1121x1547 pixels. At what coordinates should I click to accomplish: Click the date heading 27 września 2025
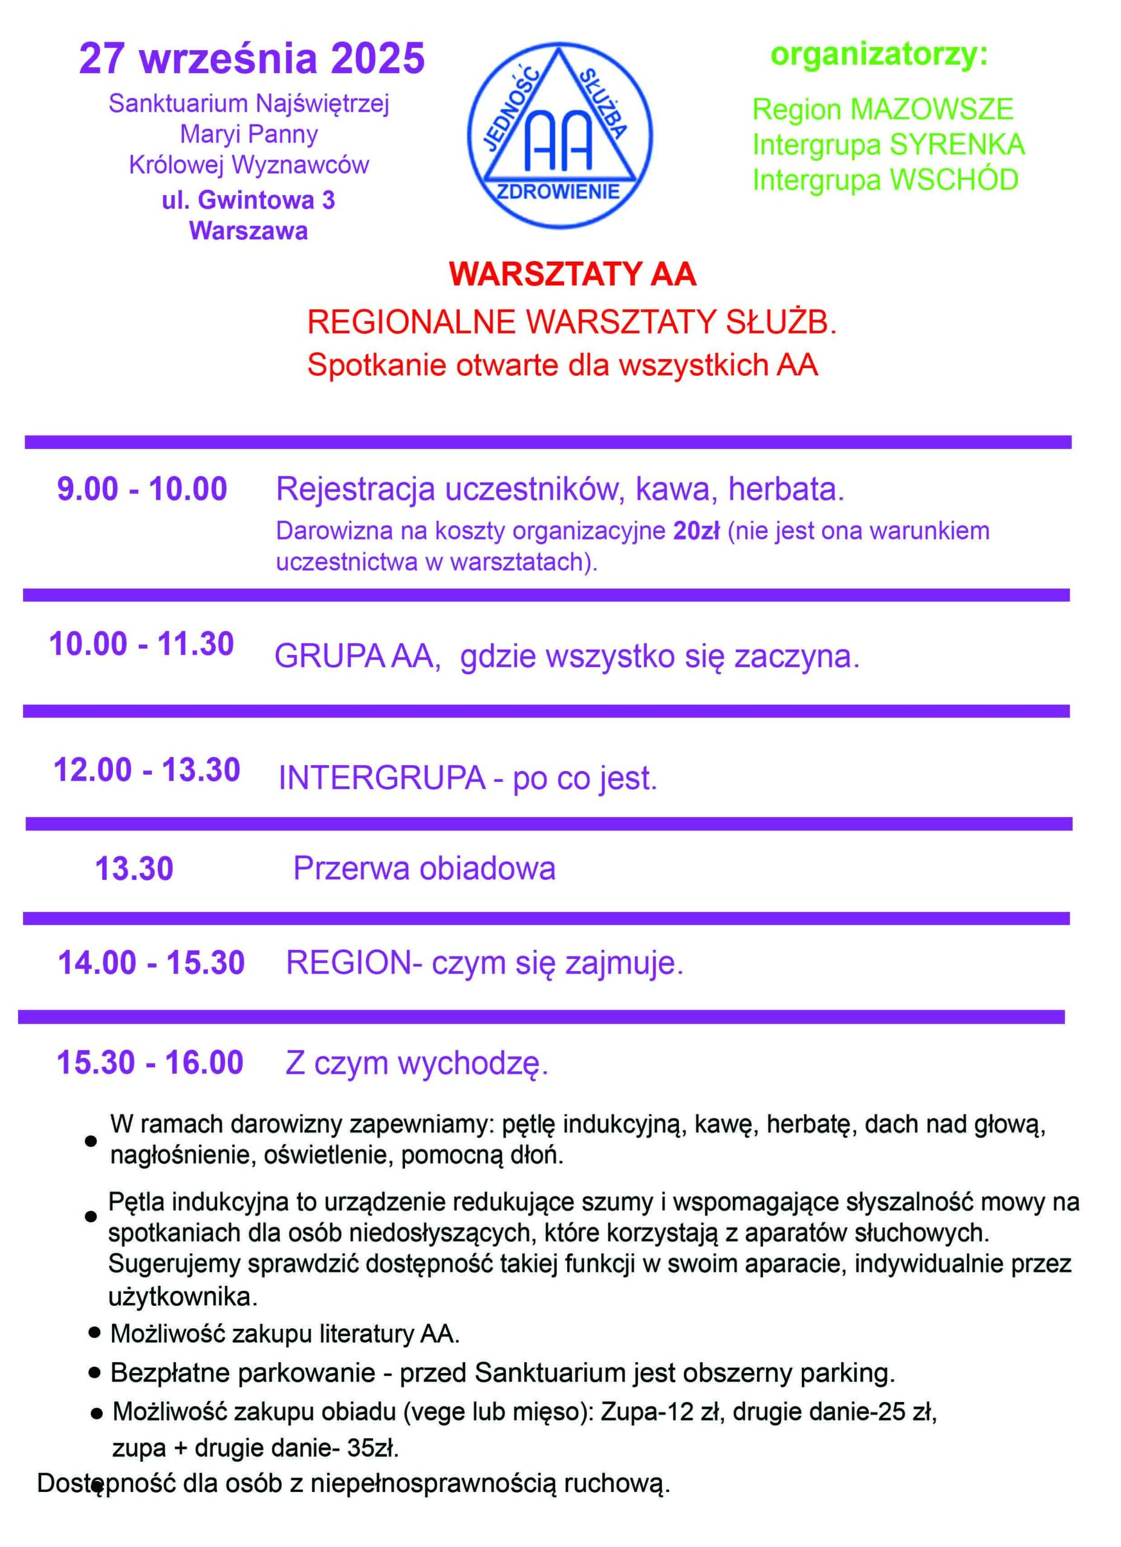click(252, 59)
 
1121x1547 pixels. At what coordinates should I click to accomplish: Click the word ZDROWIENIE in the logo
click(558, 192)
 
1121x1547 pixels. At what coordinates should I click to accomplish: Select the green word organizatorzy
click(879, 54)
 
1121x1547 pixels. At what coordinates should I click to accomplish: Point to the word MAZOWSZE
click(932, 110)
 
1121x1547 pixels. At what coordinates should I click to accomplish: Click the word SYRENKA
click(957, 145)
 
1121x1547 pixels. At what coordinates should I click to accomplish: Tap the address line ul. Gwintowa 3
click(249, 201)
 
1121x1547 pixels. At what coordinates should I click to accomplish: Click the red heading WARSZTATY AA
click(573, 274)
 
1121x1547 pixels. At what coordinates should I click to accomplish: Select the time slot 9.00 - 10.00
click(142, 489)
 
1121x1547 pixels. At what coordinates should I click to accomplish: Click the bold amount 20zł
click(696, 531)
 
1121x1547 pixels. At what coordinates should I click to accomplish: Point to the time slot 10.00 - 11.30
click(141, 644)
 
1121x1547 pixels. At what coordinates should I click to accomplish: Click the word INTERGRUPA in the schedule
click(382, 778)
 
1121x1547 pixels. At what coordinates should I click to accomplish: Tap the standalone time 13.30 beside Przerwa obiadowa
click(134, 869)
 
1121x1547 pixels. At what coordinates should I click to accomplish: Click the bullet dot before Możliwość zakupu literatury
click(95, 1331)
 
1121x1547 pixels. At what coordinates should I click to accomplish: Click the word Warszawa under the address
click(249, 231)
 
